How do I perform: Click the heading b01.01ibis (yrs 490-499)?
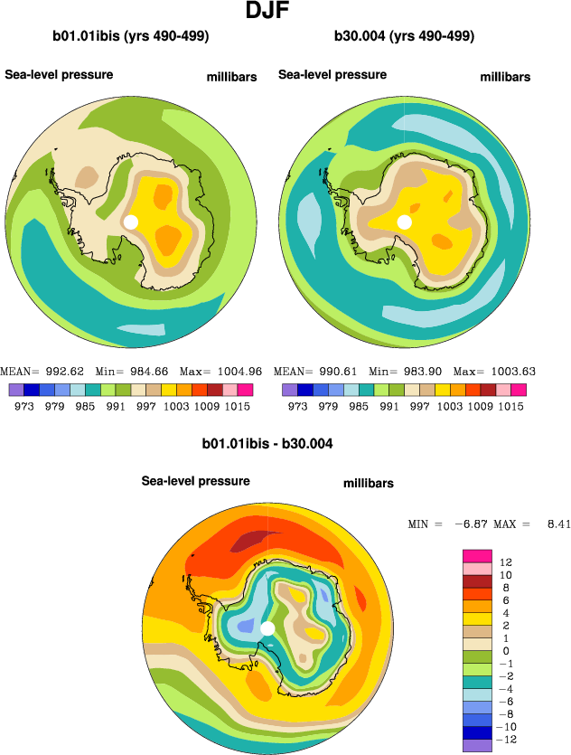tap(131, 36)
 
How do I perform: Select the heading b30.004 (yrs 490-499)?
tap(404, 36)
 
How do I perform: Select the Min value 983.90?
tap(420, 371)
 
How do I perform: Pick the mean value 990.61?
tap(337, 371)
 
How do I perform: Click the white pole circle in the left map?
tap(131, 222)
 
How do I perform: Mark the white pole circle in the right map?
tap(404, 222)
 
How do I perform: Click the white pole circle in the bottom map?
tap(267, 628)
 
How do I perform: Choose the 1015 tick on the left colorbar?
tap(239, 407)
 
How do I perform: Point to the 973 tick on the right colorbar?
tap(296, 407)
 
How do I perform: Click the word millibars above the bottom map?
tap(369, 484)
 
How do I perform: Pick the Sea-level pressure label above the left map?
tap(59, 74)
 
